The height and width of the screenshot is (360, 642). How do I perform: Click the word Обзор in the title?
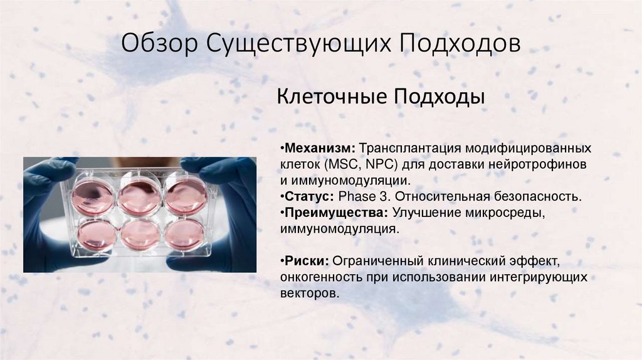point(156,46)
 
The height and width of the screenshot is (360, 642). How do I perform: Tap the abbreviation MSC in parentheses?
point(341,165)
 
